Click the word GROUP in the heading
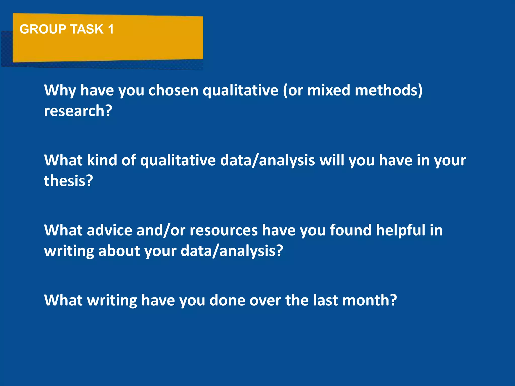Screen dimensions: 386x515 [43, 29]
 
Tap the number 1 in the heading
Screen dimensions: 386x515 [111, 29]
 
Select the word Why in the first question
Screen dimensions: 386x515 [60, 90]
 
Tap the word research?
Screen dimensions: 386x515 [78, 111]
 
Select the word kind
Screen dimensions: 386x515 [102, 160]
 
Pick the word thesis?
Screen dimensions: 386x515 [68, 181]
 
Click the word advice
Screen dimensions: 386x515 [109, 230]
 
